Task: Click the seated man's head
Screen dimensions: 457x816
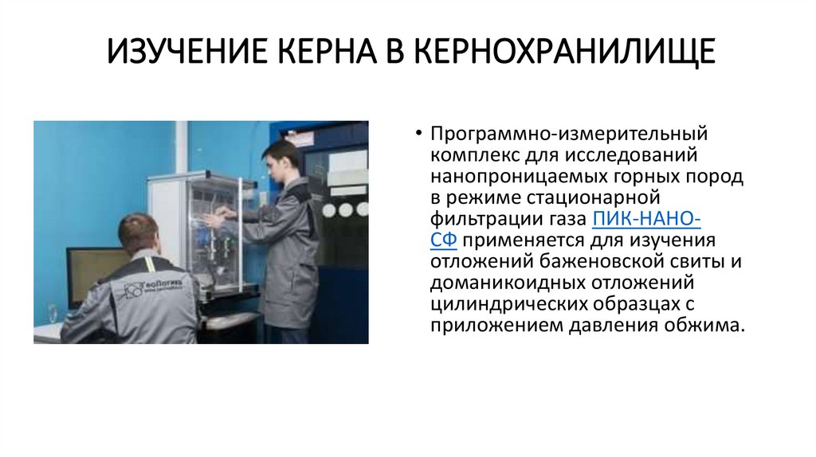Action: click(139, 232)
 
